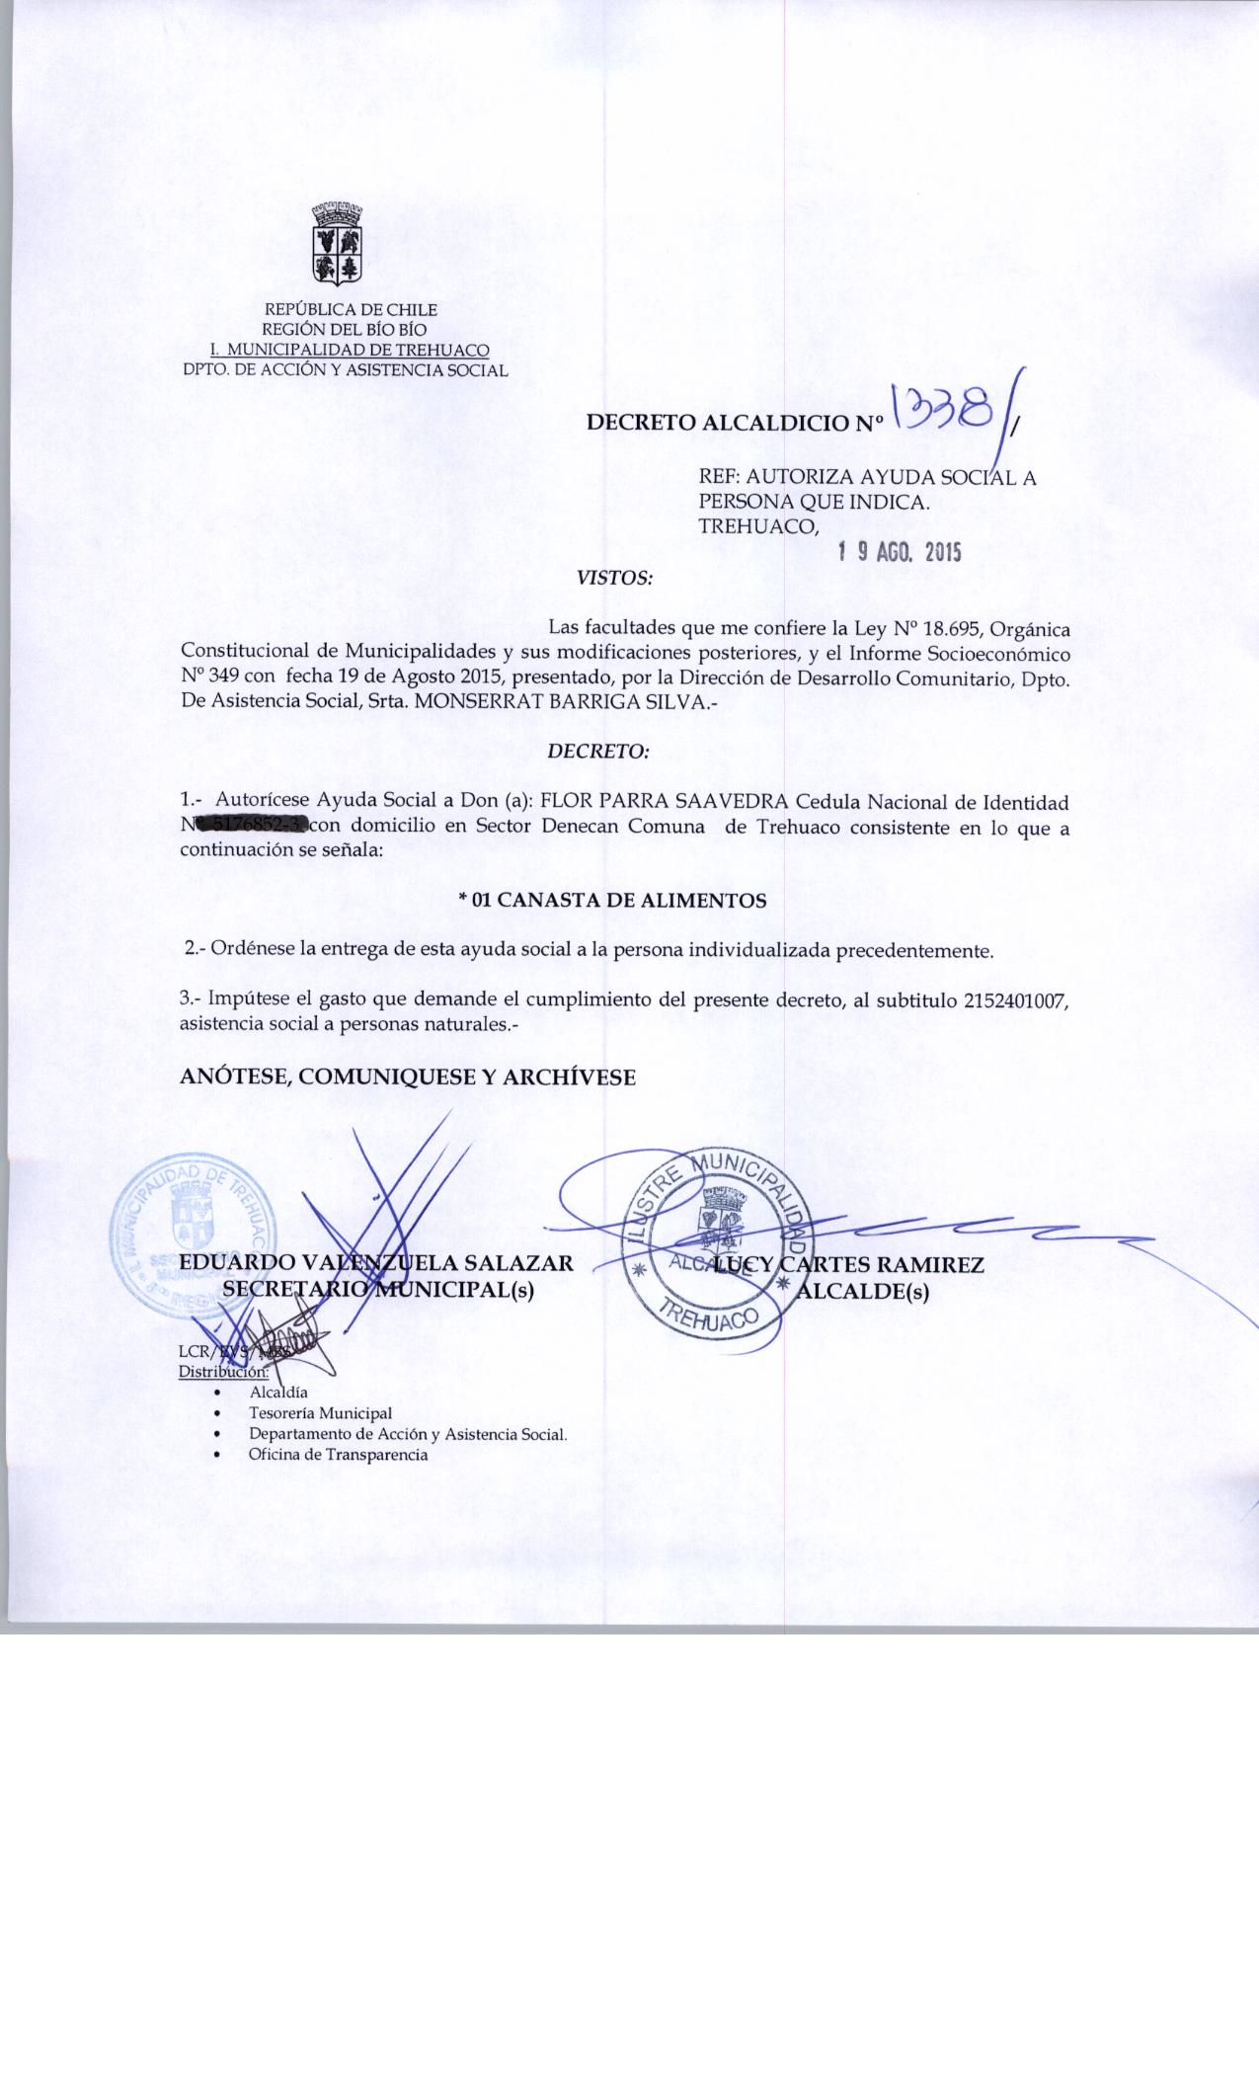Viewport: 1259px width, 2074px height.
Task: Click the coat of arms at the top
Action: [x=336, y=241]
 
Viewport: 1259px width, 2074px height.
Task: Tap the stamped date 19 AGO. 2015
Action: [x=899, y=553]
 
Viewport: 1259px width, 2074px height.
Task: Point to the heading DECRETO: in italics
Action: [x=598, y=752]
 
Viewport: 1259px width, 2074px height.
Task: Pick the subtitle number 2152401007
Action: [x=1010, y=999]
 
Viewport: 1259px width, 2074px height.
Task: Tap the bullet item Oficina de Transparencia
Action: [x=338, y=1455]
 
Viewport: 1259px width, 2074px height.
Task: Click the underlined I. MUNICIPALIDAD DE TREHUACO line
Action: [x=350, y=350]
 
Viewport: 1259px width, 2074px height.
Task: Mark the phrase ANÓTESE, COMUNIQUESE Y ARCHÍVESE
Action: [x=408, y=1077]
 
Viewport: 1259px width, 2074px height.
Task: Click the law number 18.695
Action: [x=950, y=628]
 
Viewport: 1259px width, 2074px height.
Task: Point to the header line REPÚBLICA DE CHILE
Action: [x=352, y=310]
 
